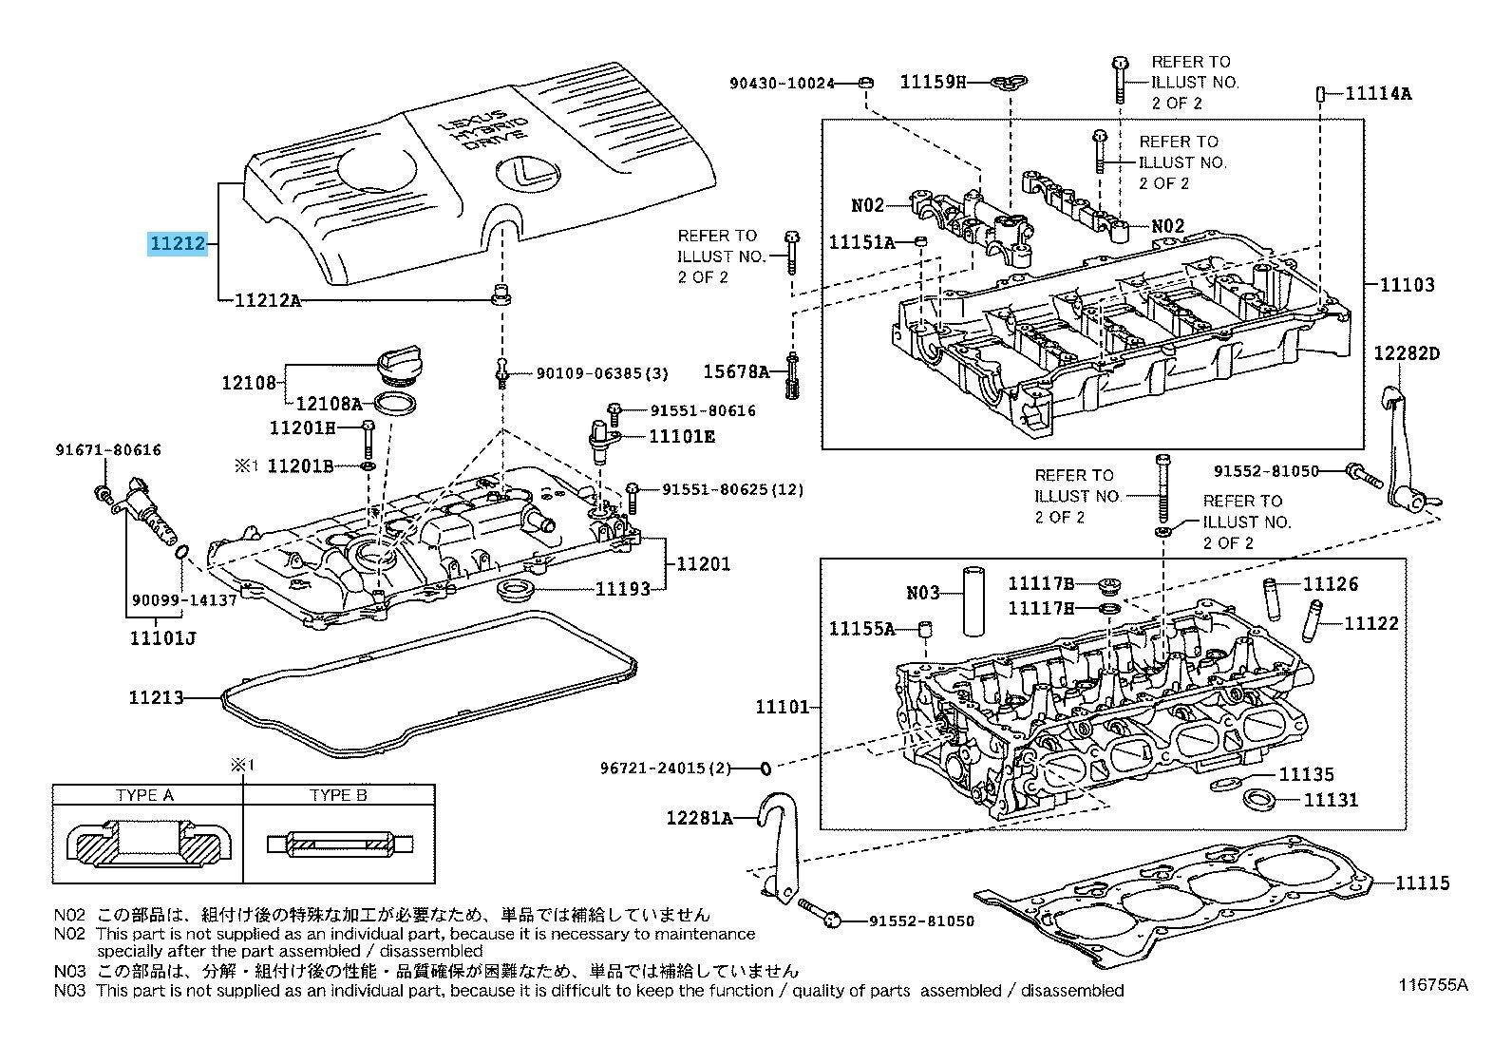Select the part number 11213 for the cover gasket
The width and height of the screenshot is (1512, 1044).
[x=156, y=698]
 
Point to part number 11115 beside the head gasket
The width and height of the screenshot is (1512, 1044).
[x=1423, y=883]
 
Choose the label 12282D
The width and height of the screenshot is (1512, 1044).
[x=1407, y=354]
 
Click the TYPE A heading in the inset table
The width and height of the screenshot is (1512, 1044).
[x=144, y=795]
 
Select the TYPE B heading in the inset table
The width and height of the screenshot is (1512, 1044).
[x=338, y=795]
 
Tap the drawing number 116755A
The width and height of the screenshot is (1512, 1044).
[x=1432, y=985]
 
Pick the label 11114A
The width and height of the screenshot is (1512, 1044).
[x=1378, y=93]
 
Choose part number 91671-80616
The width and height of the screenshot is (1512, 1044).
[x=108, y=450]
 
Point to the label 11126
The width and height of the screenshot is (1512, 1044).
[x=1331, y=584]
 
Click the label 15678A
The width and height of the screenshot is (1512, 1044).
[x=736, y=371]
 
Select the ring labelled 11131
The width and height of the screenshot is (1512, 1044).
[x=1259, y=798]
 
